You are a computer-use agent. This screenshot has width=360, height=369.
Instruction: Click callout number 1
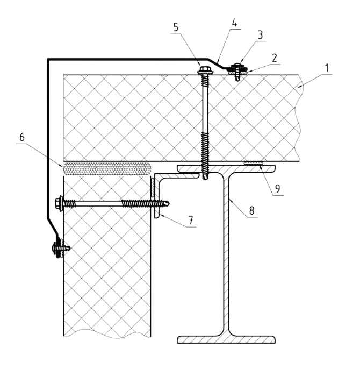click(x=327, y=68)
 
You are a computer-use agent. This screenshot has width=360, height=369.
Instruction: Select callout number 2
click(x=275, y=58)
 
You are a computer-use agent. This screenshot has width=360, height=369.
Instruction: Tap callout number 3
click(x=260, y=35)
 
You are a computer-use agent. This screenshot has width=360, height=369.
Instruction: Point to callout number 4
click(x=234, y=23)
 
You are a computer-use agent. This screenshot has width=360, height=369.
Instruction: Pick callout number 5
click(x=176, y=27)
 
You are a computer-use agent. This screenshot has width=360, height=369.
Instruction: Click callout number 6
click(x=22, y=137)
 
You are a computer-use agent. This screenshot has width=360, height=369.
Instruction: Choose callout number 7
click(x=191, y=220)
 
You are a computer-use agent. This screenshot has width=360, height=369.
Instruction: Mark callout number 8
click(x=251, y=210)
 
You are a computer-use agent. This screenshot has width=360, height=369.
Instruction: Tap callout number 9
click(x=277, y=188)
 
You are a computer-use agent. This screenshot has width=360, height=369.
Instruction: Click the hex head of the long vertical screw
click(x=203, y=70)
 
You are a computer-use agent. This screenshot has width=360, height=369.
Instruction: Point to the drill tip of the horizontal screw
click(x=167, y=203)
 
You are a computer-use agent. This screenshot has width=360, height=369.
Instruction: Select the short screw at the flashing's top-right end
click(x=238, y=70)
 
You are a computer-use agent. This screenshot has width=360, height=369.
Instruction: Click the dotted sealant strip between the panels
click(x=106, y=168)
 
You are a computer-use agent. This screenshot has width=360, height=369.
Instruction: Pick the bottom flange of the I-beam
click(x=226, y=339)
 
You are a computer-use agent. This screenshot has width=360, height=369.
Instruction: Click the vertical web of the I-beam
click(x=226, y=254)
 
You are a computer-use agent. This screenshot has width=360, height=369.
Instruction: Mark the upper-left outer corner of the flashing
click(x=48, y=59)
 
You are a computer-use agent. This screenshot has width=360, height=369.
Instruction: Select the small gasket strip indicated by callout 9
click(x=254, y=162)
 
